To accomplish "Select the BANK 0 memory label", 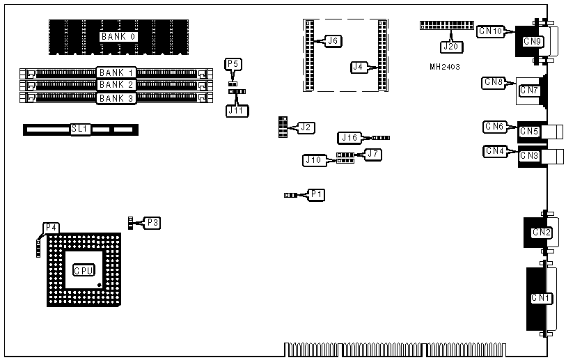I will pyautogui.click(x=118, y=36).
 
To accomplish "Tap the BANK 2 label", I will pyautogui.click(x=116, y=85).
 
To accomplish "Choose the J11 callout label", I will pyautogui.click(x=237, y=109).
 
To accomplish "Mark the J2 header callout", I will pyautogui.click(x=305, y=127).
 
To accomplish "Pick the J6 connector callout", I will pyautogui.click(x=333, y=41).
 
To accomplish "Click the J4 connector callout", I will pyautogui.click(x=359, y=67).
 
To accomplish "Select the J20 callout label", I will pyautogui.click(x=450, y=47).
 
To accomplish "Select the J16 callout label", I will pyautogui.click(x=349, y=138).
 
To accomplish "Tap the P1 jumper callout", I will pyautogui.click(x=317, y=194).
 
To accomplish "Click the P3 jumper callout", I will pyautogui.click(x=152, y=223).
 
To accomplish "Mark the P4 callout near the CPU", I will pyautogui.click(x=51, y=228).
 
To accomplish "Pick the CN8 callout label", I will pyautogui.click(x=494, y=82).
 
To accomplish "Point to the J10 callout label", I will pyautogui.click(x=313, y=161).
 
